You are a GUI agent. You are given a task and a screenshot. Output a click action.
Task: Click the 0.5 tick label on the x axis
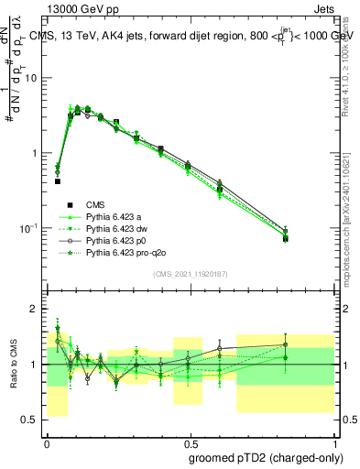[190, 440]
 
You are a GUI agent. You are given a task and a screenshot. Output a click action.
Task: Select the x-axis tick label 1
[333, 440]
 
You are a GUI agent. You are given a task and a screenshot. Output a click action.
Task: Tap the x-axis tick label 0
[47, 440]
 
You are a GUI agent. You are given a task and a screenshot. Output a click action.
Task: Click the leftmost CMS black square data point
[57, 181]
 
